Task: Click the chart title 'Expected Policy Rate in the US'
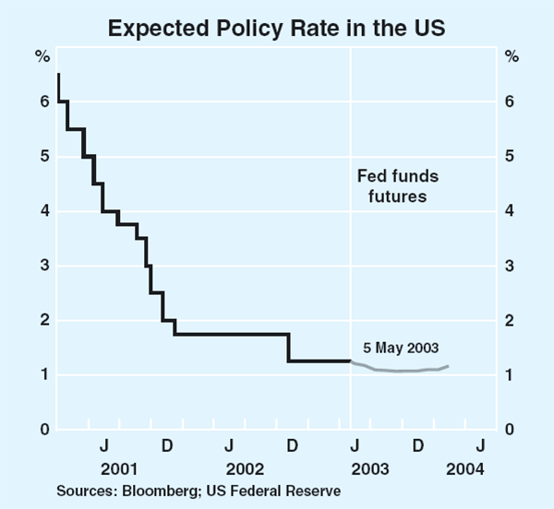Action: [277, 27]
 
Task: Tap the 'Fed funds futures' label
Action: [397, 185]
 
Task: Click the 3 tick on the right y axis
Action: [512, 266]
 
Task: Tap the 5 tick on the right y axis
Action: [512, 157]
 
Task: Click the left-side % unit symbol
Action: [42, 56]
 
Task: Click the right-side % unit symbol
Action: [512, 56]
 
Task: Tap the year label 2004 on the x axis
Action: [464, 469]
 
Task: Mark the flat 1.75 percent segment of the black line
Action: [231, 334]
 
